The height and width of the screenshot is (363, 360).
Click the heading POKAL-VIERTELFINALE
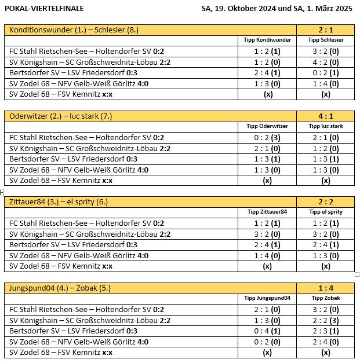pos(44,9)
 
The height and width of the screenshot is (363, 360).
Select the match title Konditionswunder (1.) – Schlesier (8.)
pos(74,30)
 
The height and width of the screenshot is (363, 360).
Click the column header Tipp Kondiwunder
pos(267,40)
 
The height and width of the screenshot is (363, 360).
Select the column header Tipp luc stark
pos(326,126)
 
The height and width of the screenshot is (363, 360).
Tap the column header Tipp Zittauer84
pos(267,212)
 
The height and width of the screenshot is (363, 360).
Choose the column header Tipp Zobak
pos(326,298)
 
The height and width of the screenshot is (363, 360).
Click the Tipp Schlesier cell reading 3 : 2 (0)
pos(326,51)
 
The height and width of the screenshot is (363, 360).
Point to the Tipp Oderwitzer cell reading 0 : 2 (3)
pos(267,137)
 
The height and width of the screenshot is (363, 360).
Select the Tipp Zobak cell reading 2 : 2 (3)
pos(326,320)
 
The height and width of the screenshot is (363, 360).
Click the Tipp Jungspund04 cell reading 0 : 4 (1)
pos(267,331)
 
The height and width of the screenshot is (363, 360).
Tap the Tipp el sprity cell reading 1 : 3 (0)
pos(326,255)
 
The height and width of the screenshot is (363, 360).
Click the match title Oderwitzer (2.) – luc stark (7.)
pos(61,116)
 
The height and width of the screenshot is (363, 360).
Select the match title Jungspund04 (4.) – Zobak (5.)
pos(62,288)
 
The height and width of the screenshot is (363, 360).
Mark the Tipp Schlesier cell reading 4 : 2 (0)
pos(326,62)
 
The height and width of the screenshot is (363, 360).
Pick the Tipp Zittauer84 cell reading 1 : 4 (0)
pos(267,255)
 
